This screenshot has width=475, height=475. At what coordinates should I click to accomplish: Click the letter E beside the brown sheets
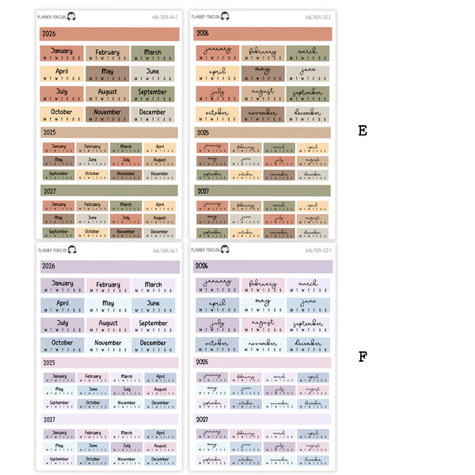[363, 131]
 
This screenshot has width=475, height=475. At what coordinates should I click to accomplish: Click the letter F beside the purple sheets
[363, 357]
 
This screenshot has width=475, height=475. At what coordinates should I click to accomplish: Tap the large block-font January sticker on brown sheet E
[61, 54]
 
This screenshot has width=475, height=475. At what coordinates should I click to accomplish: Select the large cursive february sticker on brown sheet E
[263, 54]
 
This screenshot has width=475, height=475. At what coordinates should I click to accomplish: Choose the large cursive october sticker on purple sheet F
[217, 345]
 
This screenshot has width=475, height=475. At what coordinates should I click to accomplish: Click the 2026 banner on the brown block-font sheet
[109, 34]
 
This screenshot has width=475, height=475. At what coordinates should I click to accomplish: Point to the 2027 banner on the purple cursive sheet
[263, 420]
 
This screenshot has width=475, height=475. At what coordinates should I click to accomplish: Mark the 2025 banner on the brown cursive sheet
[263, 133]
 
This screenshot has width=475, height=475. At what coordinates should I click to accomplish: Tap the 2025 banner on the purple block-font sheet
[109, 363]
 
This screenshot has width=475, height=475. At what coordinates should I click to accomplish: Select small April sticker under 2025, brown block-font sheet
[160, 148]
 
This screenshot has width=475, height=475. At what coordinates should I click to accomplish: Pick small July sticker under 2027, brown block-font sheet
[126, 218]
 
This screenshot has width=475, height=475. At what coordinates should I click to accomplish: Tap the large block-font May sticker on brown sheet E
[107, 74]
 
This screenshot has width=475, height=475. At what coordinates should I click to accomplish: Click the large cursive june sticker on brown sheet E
[308, 74]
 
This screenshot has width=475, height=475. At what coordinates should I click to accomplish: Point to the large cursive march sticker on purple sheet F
[308, 285]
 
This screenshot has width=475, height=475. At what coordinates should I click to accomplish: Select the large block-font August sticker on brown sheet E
[107, 94]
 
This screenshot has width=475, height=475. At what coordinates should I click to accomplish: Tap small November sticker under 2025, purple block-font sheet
[127, 404]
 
